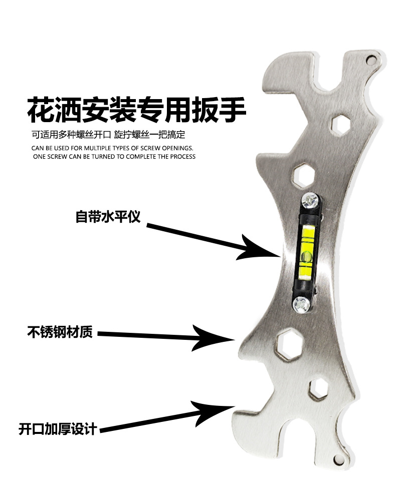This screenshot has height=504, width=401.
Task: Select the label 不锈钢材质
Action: point(60,332)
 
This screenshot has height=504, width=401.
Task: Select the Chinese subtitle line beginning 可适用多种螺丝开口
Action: point(108,135)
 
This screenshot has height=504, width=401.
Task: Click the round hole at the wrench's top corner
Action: point(371,60)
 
